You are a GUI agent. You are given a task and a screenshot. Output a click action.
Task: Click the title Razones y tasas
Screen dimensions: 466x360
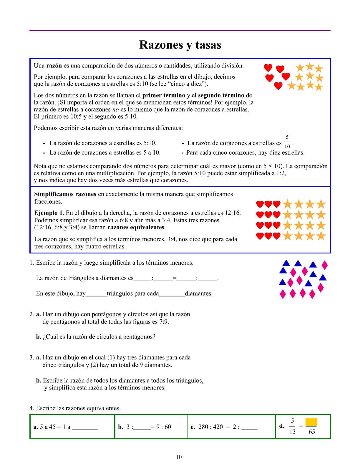click(180, 45)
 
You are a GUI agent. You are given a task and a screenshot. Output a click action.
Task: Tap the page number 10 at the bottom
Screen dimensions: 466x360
click(179, 457)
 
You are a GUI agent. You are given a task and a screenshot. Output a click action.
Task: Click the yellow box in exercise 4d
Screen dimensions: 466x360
click(311, 422)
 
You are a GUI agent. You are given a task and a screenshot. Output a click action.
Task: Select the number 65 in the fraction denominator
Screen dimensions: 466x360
click(312, 432)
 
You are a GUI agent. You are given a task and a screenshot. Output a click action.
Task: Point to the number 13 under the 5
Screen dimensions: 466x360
click(292, 432)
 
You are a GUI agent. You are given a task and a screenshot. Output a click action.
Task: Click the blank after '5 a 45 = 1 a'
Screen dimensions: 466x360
click(85, 427)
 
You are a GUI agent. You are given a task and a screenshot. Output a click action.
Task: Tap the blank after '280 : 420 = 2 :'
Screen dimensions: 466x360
click(249, 427)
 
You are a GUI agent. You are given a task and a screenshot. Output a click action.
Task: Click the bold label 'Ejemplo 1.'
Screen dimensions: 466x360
click(49, 213)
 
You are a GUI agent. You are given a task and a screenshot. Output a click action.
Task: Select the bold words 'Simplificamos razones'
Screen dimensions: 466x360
click(65, 194)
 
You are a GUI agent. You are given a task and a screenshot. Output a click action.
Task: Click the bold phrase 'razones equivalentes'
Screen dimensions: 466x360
click(136, 227)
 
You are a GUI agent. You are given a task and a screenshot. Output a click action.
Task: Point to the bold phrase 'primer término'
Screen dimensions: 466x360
click(164, 95)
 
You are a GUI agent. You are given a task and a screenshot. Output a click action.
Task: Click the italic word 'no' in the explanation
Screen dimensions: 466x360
click(115, 110)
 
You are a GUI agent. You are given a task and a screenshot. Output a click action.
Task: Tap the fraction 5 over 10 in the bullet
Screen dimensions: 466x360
click(287, 142)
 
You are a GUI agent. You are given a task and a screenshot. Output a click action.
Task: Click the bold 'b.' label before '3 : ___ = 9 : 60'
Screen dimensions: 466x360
click(120, 427)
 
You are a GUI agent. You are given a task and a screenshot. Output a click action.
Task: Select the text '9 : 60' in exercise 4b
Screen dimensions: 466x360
click(164, 427)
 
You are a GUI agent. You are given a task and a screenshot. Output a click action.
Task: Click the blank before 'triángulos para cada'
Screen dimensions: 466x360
click(96, 294)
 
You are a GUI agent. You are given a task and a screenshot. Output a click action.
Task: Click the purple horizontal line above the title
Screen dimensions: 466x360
click(180, 31)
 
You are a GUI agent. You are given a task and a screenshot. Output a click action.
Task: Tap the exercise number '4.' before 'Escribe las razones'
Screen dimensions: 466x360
click(32, 408)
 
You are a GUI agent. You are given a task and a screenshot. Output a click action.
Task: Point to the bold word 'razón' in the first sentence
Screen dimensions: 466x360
click(54, 66)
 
